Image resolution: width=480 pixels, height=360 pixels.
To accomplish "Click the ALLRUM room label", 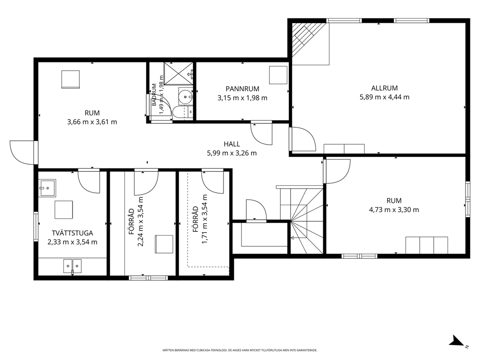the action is pos(384,88).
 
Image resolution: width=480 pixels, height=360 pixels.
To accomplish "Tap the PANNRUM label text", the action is pos(242,89).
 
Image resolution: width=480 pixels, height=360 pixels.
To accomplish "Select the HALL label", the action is pos(232,144).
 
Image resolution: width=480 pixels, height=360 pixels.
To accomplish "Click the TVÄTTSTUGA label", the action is pos(72,233).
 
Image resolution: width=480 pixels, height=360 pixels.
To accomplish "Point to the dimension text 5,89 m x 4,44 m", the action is pos(384,97).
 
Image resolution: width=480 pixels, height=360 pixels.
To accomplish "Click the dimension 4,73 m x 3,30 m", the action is pos(394,210).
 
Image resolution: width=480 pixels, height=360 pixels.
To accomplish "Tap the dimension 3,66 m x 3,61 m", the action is pos(92,122).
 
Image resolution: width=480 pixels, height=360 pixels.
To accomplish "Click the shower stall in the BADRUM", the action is pos(179,73).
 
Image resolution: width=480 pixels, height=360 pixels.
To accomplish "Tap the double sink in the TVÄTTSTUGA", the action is pos(73,266).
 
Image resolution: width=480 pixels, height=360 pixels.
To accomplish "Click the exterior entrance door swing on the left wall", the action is pos(22,152).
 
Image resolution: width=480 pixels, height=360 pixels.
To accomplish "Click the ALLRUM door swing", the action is pos(302,139).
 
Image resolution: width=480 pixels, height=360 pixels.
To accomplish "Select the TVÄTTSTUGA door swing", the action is pos(89,181).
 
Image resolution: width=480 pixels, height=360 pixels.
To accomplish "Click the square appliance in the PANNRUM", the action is pos(278,75).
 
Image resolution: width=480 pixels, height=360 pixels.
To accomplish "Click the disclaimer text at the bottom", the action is pos(240,350).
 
